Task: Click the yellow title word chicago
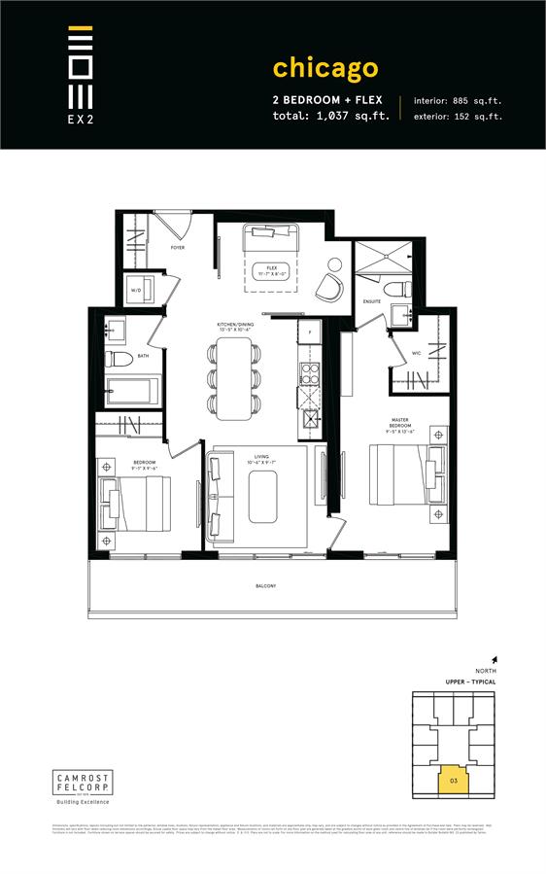pyautogui.click(x=324, y=67)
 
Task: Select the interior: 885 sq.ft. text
pyautogui.click(x=458, y=100)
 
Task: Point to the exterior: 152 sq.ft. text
pyautogui.click(x=458, y=117)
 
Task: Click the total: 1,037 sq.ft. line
pyautogui.click(x=330, y=117)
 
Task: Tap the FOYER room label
pyautogui.click(x=177, y=248)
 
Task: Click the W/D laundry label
pyautogui.click(x=136, y=289)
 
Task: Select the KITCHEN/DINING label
pyautogui.click(x=236, y=327)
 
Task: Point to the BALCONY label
pyautogui.click(x=267, y=585)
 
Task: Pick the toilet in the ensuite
pyautogui.click(x=394, y=292)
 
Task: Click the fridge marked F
pyautogui.click(x=309, y=334)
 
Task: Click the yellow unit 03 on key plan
pyautogui.click(x=452, y=780)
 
